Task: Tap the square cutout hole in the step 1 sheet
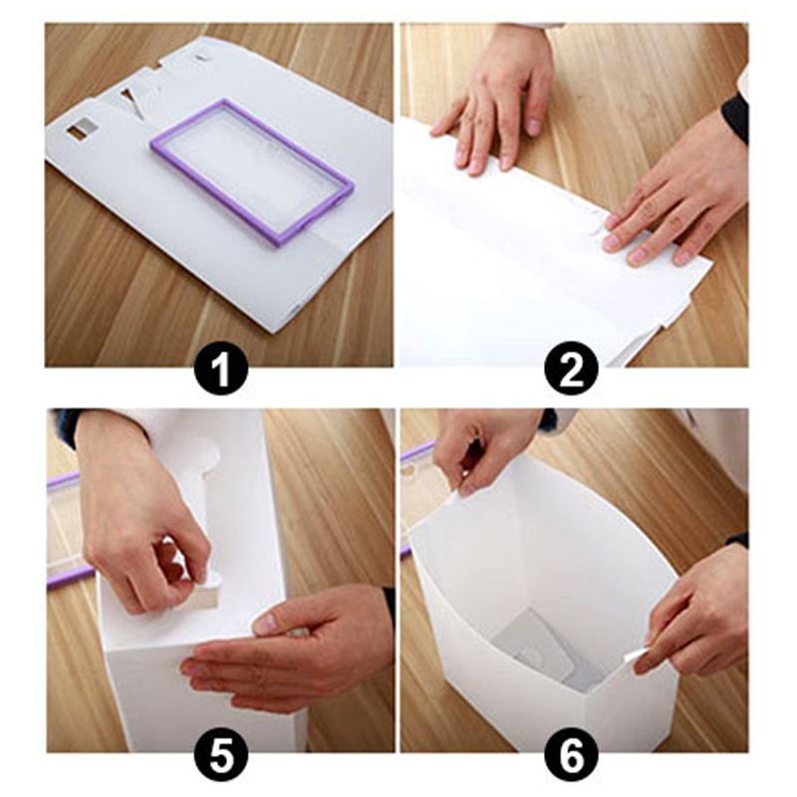(x=81, y=131)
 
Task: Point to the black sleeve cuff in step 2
(x=735, y=116)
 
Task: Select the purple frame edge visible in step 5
(x=71, y=578)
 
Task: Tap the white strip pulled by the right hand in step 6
(x=637, y=655)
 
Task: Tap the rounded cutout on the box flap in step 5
(x=208, y=455)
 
